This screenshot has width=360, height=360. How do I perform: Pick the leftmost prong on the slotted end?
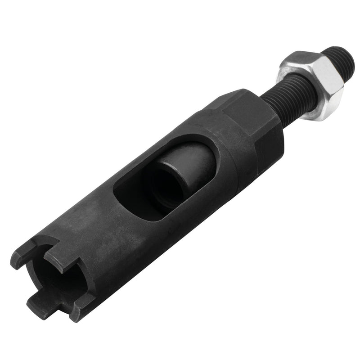tap(20, 259)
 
